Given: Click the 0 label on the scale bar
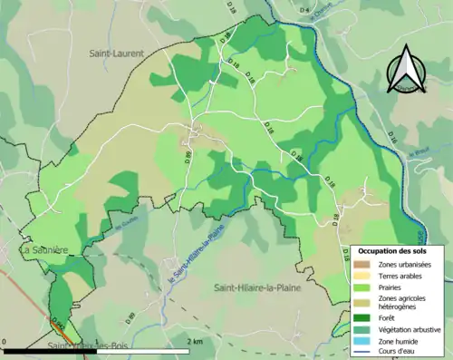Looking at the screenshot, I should coord(5,341).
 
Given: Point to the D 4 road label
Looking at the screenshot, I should coord(303,10).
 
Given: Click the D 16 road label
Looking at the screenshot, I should coord(392,137).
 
